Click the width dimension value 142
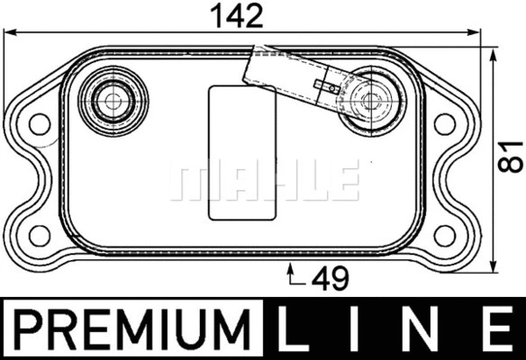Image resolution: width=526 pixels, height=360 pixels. [236, 15]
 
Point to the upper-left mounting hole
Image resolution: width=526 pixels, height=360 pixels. [38, 124]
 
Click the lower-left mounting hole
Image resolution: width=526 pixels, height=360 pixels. [38, 235]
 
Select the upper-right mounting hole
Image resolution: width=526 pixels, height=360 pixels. [444, 124]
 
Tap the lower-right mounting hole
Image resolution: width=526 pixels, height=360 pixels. [444, 235]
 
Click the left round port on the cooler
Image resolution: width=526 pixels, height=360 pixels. [111, 100]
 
